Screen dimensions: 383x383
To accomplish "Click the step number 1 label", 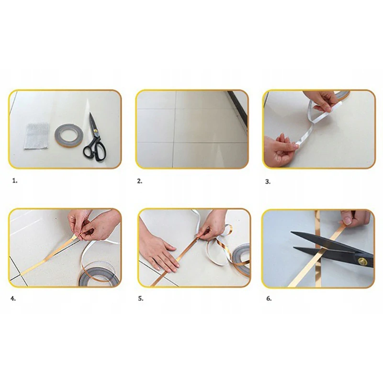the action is click(15, 181).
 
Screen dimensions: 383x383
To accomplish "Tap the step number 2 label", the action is click(139, 181).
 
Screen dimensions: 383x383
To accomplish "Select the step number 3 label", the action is click(268, 182).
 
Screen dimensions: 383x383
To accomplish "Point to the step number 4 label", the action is click(13, 298).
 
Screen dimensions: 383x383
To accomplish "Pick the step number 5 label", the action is click(141, 298).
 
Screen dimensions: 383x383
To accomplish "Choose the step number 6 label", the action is click(269, 298).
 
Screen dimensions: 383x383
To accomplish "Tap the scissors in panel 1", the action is click(95, 137).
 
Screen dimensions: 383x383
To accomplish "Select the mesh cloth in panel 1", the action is click(37, 136).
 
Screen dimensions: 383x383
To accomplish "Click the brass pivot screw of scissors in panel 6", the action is click(362, 261).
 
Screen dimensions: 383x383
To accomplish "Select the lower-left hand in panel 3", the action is click(280, 150).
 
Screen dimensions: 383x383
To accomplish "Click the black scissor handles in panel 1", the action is click(95, 150).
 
